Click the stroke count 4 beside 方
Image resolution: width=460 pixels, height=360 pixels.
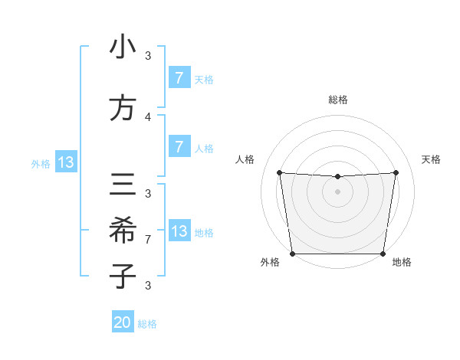pyautogui.click(x=148, y=117)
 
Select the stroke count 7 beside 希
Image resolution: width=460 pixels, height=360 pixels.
pyautogui.click(x=148, y=240)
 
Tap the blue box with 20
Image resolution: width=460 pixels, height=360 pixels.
pyautogui.click(x=123, y=322)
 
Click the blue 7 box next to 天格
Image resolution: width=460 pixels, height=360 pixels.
pyautogui.click(x=179, y=78)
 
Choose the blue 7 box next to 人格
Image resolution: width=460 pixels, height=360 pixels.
pyautogui.click(x=179, y=147)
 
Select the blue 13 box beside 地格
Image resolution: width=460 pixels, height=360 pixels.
pyautogui.click(x=179, y=231)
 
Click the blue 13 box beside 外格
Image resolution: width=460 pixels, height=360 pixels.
pyautogui.click(x=66, y=162)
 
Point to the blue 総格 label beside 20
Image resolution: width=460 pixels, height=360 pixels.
pyautogui.click(x=147, y=324)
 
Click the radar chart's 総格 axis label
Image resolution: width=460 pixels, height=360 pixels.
pyautogui.click(x=337, y=100)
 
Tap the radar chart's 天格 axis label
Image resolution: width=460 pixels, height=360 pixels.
pyautogui.click(x=432, y=159)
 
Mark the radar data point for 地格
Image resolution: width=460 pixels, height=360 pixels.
pyautogui.click(x=383, y=254)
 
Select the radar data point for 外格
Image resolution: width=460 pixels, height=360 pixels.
pyautogui.click(x=292, y=254)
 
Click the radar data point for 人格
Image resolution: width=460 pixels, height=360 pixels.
pyautogui.click(x=279, y=172)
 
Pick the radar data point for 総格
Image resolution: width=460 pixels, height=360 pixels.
pyautogui.click(x=337, y=177)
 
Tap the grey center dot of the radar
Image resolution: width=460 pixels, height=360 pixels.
pyautogui.click(x=337, y=191)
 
